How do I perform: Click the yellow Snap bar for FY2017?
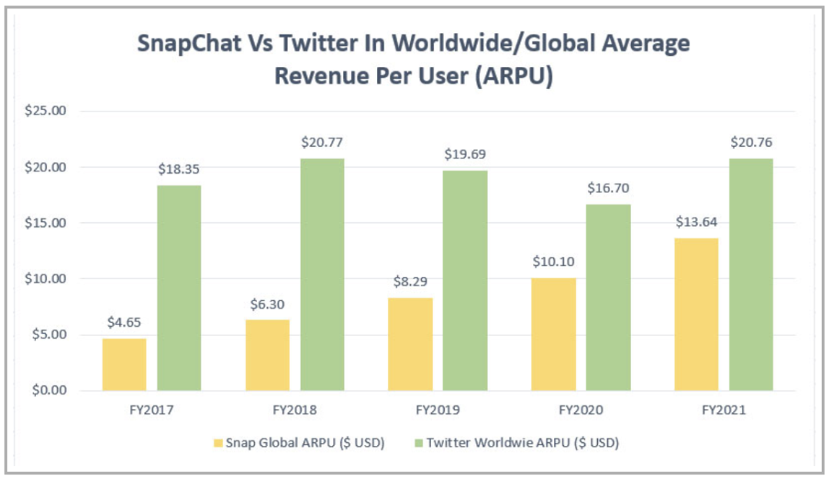pos(124,364)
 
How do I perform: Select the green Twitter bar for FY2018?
pos(322,274)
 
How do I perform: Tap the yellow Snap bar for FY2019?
pos(410,344)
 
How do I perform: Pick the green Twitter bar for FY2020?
pos(608,297)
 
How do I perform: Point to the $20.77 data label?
pos(322,141)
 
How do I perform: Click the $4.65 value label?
pos(124,321)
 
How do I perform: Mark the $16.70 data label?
pos(608,187)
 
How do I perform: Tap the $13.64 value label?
pos(696,221)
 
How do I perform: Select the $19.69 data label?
pos(465,154)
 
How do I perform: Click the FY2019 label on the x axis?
pos(438,410)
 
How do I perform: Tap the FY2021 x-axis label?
pos(723,410)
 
